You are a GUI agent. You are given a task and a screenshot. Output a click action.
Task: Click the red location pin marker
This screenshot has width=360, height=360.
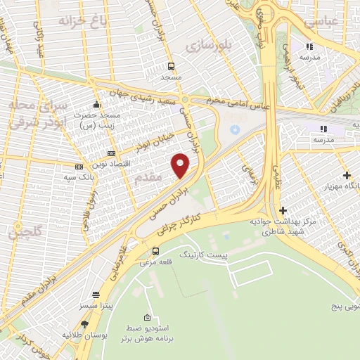pyautogui.click(x=181, y=165)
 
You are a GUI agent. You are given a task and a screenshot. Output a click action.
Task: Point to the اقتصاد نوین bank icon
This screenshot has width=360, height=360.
pyautogui.click(x=111, y=153)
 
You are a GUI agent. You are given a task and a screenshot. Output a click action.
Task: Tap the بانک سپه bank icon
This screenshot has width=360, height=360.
pyautogui.click(x=79, y=167)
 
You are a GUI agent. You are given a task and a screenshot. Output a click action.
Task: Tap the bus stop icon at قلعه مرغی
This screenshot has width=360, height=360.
pyautogui.click(x=155, y=250)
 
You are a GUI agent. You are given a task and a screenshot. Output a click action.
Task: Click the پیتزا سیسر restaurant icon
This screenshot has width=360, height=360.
pyautogui.click(x=96, y=295)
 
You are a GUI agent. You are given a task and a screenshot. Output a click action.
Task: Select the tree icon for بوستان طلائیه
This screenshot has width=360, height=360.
pyautogui.click(x=85, y=324)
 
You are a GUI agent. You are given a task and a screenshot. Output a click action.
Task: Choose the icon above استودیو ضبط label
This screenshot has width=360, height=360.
pyautogui.click(x=146, y=318)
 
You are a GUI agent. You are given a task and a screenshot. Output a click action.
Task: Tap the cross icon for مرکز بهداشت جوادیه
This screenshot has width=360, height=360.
pyautogui.click(x=283, y=210)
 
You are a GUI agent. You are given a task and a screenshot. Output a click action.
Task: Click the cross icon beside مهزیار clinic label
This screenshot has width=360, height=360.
pyautogui.click(x=346, y=175)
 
